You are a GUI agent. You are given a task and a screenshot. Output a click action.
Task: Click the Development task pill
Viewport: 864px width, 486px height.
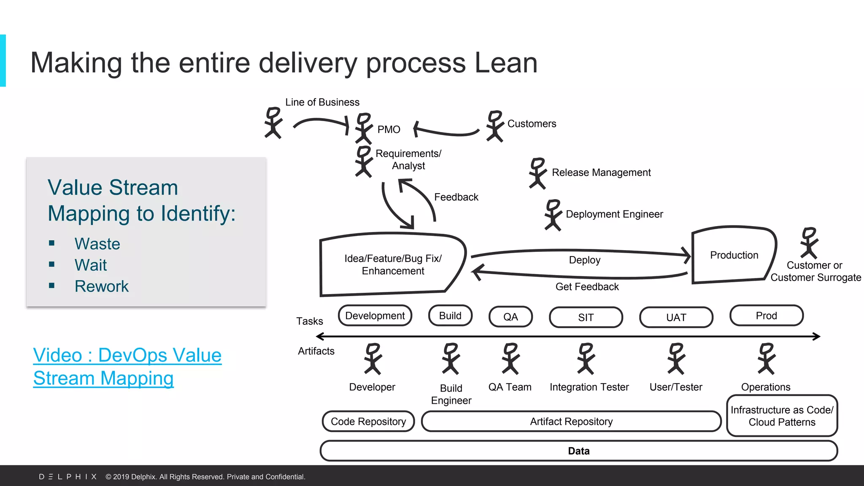tap(375, 316)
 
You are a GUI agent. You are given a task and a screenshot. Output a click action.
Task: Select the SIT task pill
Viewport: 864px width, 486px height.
tap(586, 317)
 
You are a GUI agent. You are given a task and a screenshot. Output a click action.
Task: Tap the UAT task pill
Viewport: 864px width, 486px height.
tap(676, 317)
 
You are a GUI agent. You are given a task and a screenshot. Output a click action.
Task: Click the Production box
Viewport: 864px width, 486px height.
tap(734, 255)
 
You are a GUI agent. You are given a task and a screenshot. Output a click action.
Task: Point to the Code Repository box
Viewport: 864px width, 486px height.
tap(368, 421)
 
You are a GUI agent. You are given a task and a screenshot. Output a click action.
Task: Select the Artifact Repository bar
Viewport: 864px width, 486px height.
tap(571, 421)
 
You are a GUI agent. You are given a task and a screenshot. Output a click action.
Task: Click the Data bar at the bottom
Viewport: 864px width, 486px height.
tap(578, 451)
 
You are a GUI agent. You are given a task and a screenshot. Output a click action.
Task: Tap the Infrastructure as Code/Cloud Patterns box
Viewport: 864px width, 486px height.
tap(782, 416)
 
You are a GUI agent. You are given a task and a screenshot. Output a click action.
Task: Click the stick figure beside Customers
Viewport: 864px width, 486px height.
tap(494, 126)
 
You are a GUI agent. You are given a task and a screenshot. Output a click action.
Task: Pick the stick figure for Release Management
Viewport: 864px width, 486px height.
tap(537, 173)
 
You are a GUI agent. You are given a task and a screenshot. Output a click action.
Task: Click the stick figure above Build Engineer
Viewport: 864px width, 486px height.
tap(451, 359)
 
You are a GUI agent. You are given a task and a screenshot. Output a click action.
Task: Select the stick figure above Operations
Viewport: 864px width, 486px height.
tap(766, 359)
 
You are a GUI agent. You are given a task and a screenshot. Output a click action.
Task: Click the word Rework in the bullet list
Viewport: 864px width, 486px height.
tap(101, 286)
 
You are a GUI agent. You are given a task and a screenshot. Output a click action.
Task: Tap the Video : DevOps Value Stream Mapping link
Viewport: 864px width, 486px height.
tap(127, 367)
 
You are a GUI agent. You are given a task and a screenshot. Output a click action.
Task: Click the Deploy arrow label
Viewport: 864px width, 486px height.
tap(584, 260)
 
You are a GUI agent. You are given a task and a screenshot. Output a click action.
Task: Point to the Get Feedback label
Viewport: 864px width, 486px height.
tap(587, 287)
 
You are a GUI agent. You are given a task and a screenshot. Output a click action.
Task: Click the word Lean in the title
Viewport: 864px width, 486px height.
tap(506, 63)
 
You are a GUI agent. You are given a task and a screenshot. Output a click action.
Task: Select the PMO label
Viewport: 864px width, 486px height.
tap(389, 130)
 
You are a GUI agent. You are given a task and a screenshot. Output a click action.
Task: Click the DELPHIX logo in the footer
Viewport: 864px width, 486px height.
tap(68, 477)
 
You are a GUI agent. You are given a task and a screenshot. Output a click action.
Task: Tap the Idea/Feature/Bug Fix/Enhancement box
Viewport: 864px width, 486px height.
tap(393, 265)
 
